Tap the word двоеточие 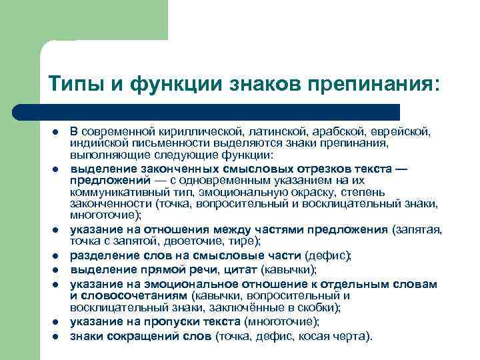pos(193,240)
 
